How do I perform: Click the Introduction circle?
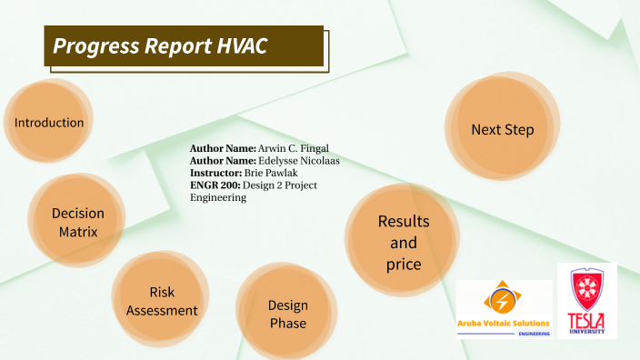click(x=49, y=123)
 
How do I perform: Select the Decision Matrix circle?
click(x=77, y=222)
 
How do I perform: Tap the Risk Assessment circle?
click(x=162, y=301)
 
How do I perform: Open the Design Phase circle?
click(x=287, y=315)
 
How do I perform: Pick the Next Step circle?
click(x=502, y=130)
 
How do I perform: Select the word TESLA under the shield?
click(x=586, y=319)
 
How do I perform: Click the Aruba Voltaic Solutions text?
click(x=504, y=324)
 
